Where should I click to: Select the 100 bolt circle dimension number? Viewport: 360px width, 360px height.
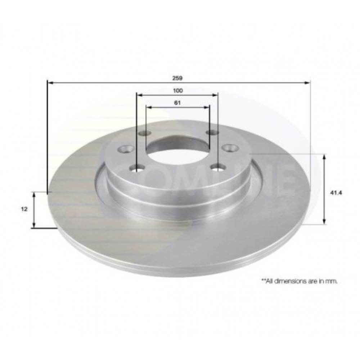(x=177, y=90)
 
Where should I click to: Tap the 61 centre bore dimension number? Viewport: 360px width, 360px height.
(x=177, y=103)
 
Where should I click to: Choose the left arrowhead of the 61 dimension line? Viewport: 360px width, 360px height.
(x=149, y=107)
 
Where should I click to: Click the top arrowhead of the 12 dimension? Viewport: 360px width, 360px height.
(x=34, y=195)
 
